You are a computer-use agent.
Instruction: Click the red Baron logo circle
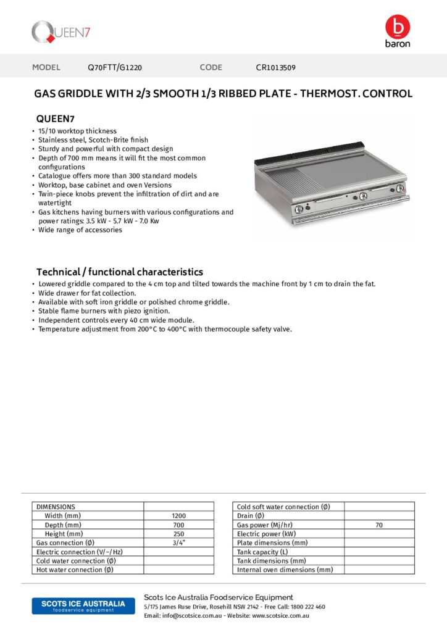[397, 27]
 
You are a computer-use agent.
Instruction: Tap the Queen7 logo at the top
[61, 31]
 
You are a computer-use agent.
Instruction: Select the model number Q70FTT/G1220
[115, 68]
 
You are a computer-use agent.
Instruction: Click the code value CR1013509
[280, 68]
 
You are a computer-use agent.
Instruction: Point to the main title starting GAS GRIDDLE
[223, 94]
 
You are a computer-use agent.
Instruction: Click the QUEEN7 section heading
[56, 118]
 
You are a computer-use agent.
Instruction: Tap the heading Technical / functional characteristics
[119, 272]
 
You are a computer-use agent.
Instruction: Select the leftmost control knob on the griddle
[299, 209]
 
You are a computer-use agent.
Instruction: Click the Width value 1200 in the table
[178, 516]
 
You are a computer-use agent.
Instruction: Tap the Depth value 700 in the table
[178, 525]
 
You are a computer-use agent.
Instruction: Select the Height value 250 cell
[178, 534]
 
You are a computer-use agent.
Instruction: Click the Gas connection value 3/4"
[178, 543]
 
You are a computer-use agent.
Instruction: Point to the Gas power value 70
[378, 525]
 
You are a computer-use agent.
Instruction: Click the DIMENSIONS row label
[56, 507]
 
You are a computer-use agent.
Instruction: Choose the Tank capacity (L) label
[262, 552]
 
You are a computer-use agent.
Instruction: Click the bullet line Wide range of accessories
[80, 230]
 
